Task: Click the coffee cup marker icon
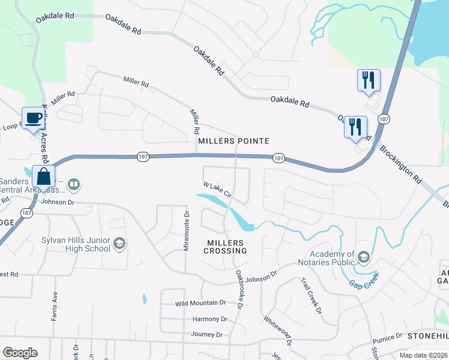click(x=34, y=118)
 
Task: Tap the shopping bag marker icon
click(x=44, y=177)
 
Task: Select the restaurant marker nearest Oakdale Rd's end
click(x=355, y=127)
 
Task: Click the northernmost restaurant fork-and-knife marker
click(x=368, y=80)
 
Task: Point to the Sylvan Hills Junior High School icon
click(x=119, y=243)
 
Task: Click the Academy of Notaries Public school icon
click(x=363, y=257)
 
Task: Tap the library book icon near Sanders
click(x=73, y=184)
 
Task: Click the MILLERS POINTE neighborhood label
click(x=233, y=140)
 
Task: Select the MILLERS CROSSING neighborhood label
click(x=224, y=247)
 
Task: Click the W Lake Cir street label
click(x=217, y=190)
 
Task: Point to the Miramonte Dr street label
click(x=187, y=231)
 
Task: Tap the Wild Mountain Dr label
click(x=200, y=303)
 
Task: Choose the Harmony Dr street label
click(x=209, y=319)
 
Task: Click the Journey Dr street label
click(x=206, y=334)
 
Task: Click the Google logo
click(x=20, y=353)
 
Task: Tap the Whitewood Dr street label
click(x=277, y=332)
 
